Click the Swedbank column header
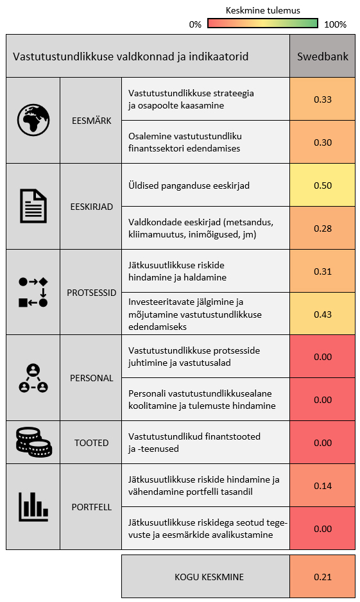(322, 56)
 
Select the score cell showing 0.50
(322, 185)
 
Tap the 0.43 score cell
(322, 314)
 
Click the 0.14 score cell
(322, 486)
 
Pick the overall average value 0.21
(322, 577)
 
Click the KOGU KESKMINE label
(209, 577)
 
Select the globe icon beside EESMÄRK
(33, 120)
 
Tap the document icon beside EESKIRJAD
(33, 206)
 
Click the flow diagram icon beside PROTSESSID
(33, 292)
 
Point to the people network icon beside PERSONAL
(33, 378)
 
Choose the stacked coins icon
(33, 442)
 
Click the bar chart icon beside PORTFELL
(33, 507)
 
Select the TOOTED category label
(91, 443)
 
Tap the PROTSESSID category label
(91, 293)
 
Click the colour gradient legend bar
(263, 23)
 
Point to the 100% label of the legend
(335, 24)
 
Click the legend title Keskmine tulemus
(263, 10)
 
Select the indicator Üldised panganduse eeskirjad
(189, 186)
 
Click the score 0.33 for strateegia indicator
(322, 99)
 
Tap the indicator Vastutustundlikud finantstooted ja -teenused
(194, 443)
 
